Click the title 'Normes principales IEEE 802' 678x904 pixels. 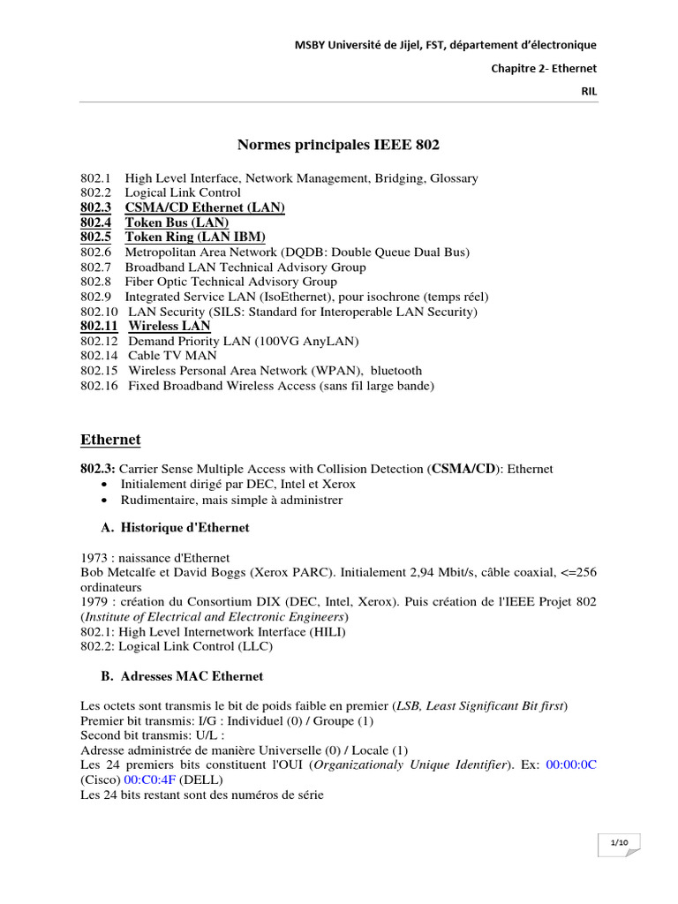point(339,145)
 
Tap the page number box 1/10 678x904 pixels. point(618,845)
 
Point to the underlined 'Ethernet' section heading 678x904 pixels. point(110,440)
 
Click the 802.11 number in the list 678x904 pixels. point(98,327)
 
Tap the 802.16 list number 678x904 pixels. point(98,386)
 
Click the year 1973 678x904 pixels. point(94,558)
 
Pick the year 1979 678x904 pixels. point(94,601)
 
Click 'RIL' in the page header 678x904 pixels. point(588,91)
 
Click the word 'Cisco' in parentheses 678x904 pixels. point(101,780)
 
